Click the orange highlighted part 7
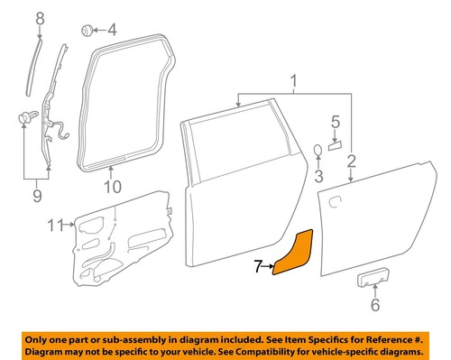pos(294,254)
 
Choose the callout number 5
pos(335,122)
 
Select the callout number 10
pos(111,187)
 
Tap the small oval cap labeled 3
pos(318,149)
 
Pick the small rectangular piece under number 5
pos(336,143)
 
